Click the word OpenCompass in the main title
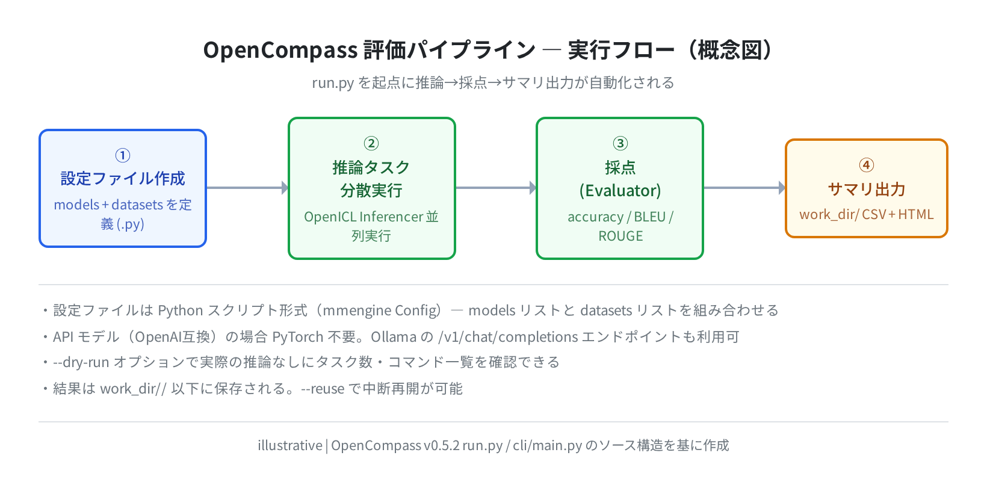pos(280,50)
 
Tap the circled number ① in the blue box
pos(123,155)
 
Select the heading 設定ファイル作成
pos(123,179)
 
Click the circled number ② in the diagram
pos(371,143)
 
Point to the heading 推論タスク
pos(371,167)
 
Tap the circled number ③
pos(620,143)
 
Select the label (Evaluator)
pos(620,191)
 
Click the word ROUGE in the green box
pos(620,236)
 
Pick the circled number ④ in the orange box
pos(866,165)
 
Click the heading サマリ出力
pos(866,190)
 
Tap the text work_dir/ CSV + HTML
pos(866,215)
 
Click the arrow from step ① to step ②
pos(247,188)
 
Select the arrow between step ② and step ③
pos(496,188)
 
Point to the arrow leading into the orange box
pos(744,188)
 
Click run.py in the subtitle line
pos(333,83)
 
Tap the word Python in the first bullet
pos(180,311)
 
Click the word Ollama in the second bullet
pos(394,337)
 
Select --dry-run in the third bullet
pos(81,362)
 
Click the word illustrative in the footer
pos(290,445)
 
